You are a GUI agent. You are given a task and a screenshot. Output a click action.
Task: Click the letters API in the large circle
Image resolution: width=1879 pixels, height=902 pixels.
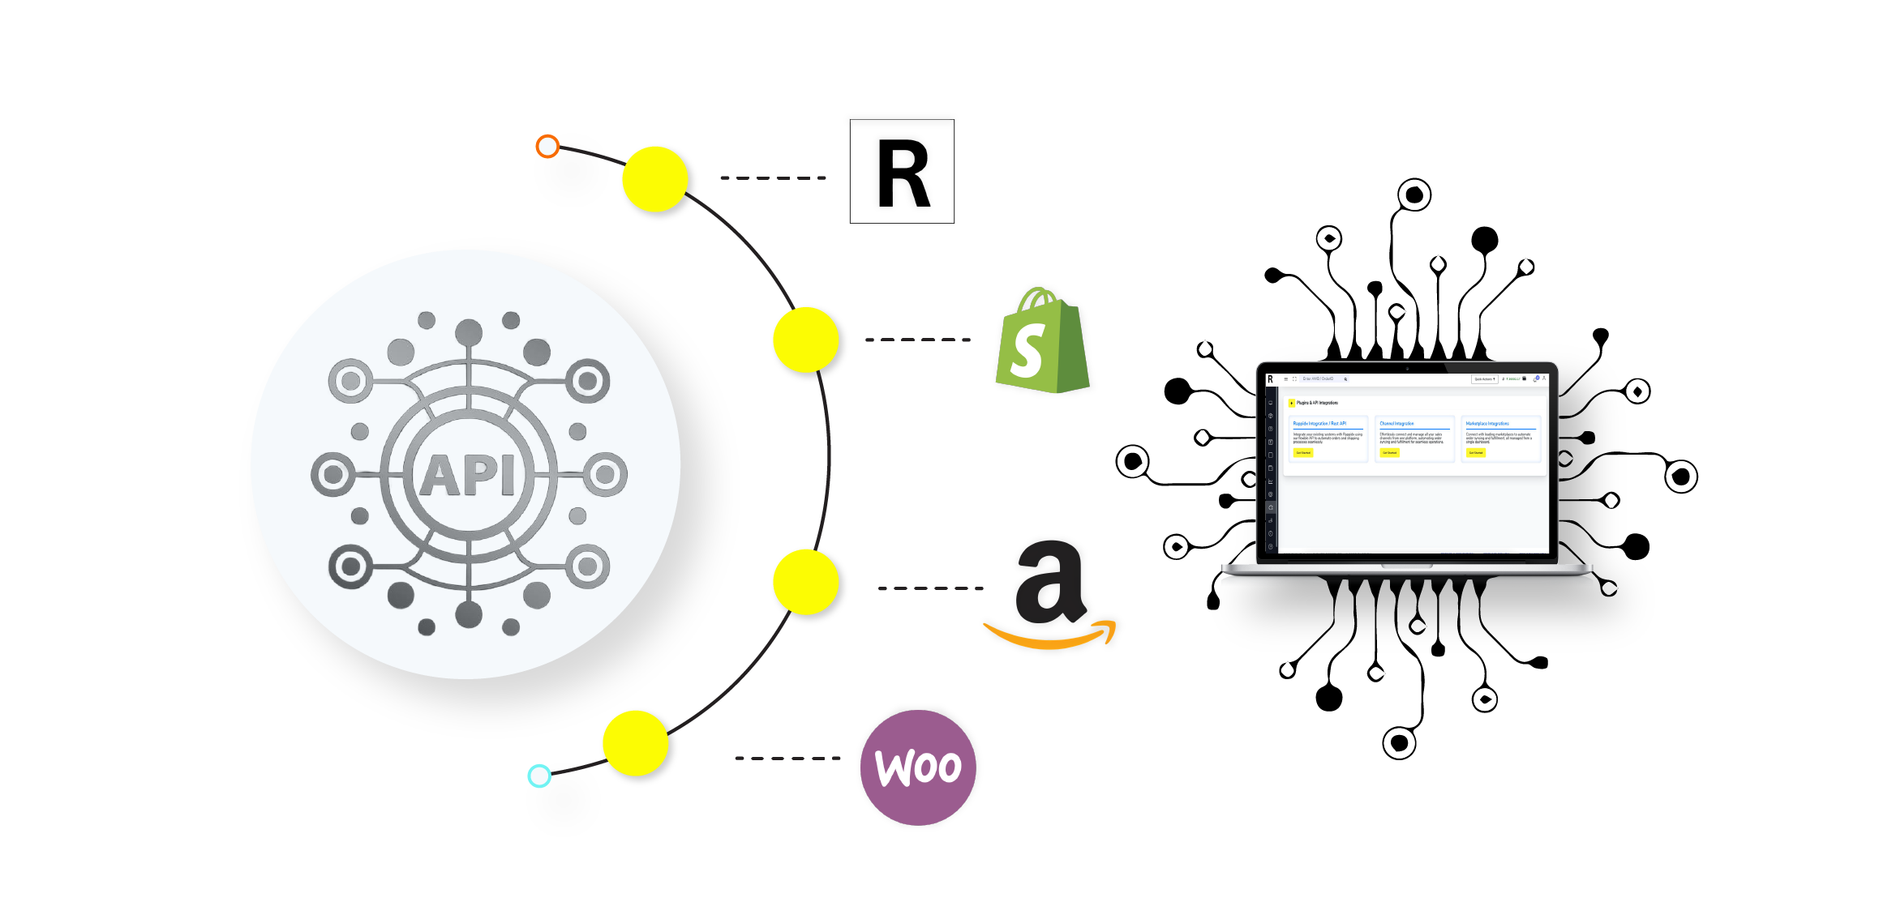coord(468,475)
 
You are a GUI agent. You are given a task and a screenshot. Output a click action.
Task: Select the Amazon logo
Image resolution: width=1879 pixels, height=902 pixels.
coord(1051,596)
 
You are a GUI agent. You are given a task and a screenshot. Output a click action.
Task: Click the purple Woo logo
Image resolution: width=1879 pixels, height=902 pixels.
coord(919,766)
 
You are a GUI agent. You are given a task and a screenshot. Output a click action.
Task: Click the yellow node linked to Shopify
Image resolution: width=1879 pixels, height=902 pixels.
coord(805,340)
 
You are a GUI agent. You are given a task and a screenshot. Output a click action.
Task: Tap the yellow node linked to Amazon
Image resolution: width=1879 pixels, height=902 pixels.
coord(805,582)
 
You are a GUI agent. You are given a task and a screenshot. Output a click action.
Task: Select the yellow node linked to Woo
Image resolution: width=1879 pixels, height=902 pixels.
coord(635,742)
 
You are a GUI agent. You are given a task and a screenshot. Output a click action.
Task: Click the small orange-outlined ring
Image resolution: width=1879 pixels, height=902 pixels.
coord(547,146)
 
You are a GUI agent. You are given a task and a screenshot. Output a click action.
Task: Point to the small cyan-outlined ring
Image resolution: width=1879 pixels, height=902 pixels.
coord(538,776)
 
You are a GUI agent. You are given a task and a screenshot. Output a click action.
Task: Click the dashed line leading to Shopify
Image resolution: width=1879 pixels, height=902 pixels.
coord(917,340)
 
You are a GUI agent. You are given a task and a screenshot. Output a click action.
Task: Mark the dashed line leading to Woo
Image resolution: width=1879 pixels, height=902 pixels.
coord(787,759)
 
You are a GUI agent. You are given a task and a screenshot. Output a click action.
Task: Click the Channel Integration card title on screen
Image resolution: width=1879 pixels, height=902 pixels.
coord(1396,424)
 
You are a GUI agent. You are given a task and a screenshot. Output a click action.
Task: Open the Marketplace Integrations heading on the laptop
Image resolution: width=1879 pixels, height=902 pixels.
coord(1487,424)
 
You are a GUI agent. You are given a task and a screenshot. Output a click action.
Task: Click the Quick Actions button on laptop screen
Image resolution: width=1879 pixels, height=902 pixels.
coord(1484,379)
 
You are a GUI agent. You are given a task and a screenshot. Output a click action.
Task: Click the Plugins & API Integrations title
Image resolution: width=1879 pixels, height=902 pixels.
coord(1317,403)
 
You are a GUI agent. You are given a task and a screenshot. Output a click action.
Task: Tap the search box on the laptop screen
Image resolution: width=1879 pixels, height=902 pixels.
coord(1322,379)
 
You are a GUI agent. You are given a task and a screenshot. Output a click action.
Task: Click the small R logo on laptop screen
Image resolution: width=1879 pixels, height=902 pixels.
coord(1270,379)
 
